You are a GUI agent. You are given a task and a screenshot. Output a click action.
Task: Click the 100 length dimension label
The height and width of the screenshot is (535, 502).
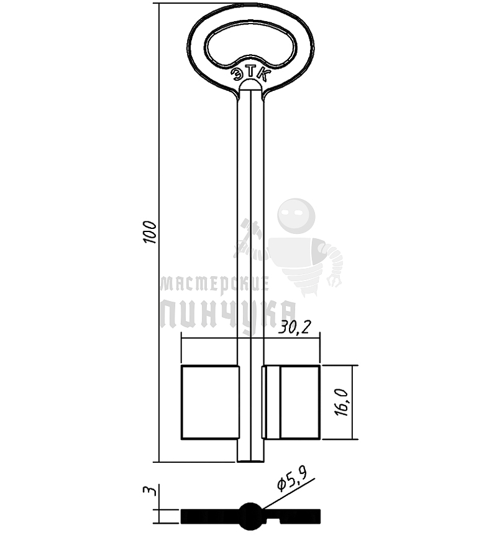click(x=149, y=232)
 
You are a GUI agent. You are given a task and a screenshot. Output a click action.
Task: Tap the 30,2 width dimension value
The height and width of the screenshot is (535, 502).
click(x=294, y=328)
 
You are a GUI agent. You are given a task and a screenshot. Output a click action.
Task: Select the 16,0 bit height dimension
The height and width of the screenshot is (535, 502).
click(x=342, y=402)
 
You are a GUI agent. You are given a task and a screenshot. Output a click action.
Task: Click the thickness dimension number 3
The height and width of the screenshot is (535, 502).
click(x=150, y=491)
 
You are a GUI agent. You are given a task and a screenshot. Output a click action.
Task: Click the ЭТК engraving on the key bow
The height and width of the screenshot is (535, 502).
click(x=250, y=73)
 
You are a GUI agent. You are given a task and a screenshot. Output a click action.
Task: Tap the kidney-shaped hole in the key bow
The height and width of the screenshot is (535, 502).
click(x=250, y=45)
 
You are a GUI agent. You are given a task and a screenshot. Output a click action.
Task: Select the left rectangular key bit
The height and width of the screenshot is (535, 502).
click(x=210, y=402)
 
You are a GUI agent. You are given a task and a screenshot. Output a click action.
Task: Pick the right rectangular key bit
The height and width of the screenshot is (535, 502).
click(x=291, y=402)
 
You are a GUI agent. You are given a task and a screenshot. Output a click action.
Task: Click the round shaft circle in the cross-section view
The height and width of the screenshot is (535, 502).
click(x=250, y=516)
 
